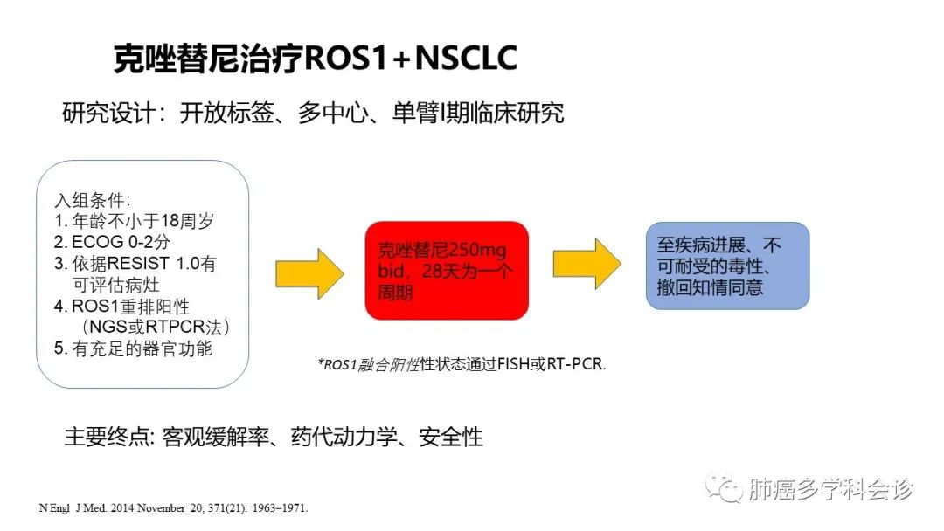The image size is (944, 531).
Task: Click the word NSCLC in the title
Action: click(466, 59)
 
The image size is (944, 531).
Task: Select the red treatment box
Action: click(447, 270)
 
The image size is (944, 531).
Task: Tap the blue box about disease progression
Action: click(727, 265)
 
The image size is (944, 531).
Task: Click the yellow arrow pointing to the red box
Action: click(309, 273)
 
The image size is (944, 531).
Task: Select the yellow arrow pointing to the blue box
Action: click(587, 264)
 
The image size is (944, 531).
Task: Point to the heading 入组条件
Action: click(91, 200)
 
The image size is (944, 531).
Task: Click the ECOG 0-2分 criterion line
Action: click(112, 242)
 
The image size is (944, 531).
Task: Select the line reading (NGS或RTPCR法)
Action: click(155, 327)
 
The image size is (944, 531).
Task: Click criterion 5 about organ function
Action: click(133, 348)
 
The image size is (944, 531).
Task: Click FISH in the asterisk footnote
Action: click(514, 364)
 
